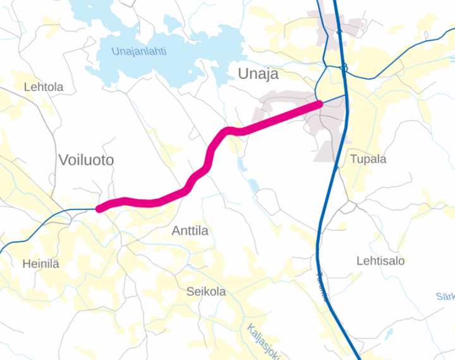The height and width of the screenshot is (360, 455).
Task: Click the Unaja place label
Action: pos(258,74)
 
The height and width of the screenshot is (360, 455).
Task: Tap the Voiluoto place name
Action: pos(86,160)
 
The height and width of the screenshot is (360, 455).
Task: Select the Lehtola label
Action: pos(44,87)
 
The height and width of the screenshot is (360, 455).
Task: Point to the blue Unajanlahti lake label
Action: pos(138,52)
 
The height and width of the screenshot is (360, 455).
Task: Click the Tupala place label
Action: pos(368,159)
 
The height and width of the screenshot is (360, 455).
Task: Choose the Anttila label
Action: pos(190,231)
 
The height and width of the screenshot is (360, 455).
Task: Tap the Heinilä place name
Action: pos(40,264)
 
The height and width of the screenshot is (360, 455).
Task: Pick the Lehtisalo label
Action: pos(380,260)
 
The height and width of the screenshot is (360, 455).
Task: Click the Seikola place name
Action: pos(206,292)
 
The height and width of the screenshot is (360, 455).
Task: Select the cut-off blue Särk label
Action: pos(445,296)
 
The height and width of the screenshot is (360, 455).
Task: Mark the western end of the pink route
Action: pos(99,208)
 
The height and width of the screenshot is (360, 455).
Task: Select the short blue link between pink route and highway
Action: pos(334,99)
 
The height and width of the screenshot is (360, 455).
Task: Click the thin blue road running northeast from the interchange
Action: pos(404,57)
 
